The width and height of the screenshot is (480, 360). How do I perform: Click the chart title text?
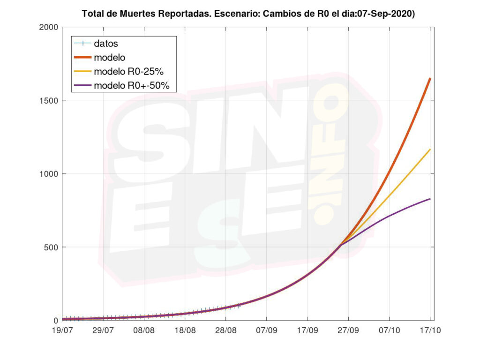248,14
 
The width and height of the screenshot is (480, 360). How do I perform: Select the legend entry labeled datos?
105,44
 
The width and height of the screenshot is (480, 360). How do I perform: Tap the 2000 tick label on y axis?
48,27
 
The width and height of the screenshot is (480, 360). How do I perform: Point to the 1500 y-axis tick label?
48,100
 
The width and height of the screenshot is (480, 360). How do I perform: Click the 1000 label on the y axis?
48,174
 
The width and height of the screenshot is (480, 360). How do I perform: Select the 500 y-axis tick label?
51,247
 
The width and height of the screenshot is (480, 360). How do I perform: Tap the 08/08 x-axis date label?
144,330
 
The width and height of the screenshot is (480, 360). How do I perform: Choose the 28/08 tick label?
225,330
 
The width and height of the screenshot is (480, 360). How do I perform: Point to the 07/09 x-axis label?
266,330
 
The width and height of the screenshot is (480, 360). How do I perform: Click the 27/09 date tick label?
348,330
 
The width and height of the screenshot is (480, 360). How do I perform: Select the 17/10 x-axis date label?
430,330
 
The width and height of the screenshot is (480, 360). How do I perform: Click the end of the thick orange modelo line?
430,78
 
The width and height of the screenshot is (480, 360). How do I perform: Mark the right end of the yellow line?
430,150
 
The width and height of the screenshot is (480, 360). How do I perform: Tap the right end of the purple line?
430,199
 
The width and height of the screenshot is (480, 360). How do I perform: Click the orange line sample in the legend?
82,58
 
